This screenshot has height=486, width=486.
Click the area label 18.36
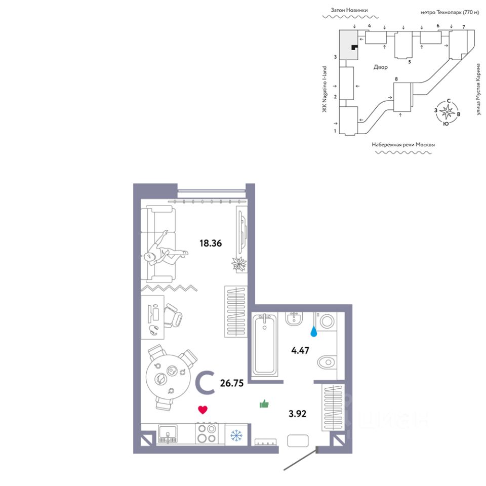[x=211, y=244]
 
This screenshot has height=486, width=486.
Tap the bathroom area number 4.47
[x=300, y=350]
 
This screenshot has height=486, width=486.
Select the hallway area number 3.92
[x=297, y=414]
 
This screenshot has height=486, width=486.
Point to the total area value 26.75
[x=231, y=383]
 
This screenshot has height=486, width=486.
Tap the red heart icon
[x=202, y=410]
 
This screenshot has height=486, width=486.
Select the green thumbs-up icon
[x=264, y=403]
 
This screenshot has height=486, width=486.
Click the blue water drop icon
[x=314, y=332]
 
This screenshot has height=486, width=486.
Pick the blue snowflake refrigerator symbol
[x=236, y=435]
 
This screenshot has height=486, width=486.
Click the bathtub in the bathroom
[x=264, y=344]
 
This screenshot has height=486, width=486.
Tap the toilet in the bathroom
[x=327, y=361]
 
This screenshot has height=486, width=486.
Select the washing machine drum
[x=327, y=321]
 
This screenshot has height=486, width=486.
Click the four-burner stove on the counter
[x=207, y=433]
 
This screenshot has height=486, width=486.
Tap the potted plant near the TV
[x=239, y=264]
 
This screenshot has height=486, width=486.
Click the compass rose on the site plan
[x=447, y=112]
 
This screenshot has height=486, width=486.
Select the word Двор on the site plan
[x=380, y=67]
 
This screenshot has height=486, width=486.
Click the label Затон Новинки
[x=349, y=10]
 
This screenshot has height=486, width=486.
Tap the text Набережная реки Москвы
[x=403, y=145]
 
